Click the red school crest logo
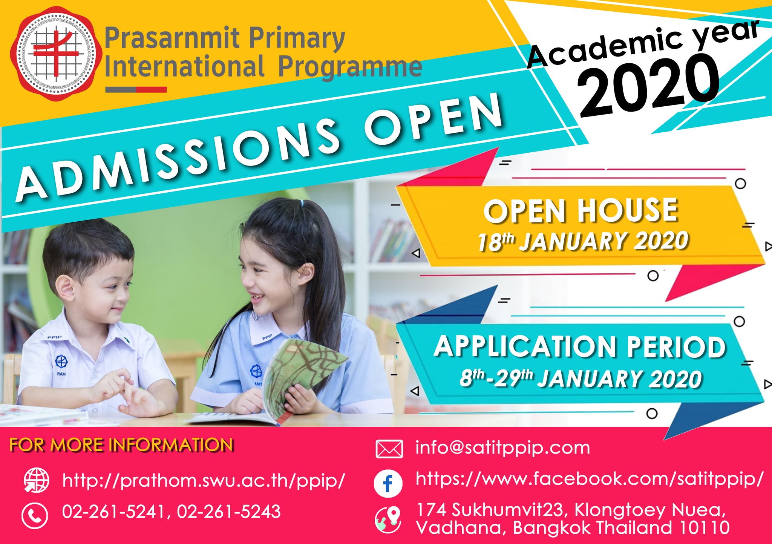coord(56,54)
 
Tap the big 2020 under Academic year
coord(648,85)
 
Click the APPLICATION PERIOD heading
coord(580,346)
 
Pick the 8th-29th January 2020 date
coord(581,379)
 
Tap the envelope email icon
coord(389,449)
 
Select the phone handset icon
coord(35,515)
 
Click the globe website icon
coord(36,480)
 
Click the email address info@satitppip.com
coord(502,448)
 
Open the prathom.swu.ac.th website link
coord(204,481)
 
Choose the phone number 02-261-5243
coord(229,512)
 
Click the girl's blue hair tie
coord(301,203)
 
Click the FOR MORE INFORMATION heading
coord(121,445)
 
